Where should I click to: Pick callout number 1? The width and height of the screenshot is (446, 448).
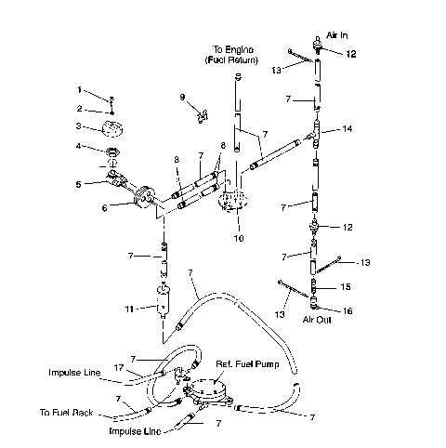click(x=80, y=90)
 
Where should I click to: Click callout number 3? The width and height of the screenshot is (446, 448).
click(x=80, y=126)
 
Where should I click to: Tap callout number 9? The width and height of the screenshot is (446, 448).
click(x=182, y=97)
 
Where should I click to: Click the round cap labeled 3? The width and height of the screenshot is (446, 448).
click(x=112, y=127)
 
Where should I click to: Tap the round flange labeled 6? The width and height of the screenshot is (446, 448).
click(x=144, y=198)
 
